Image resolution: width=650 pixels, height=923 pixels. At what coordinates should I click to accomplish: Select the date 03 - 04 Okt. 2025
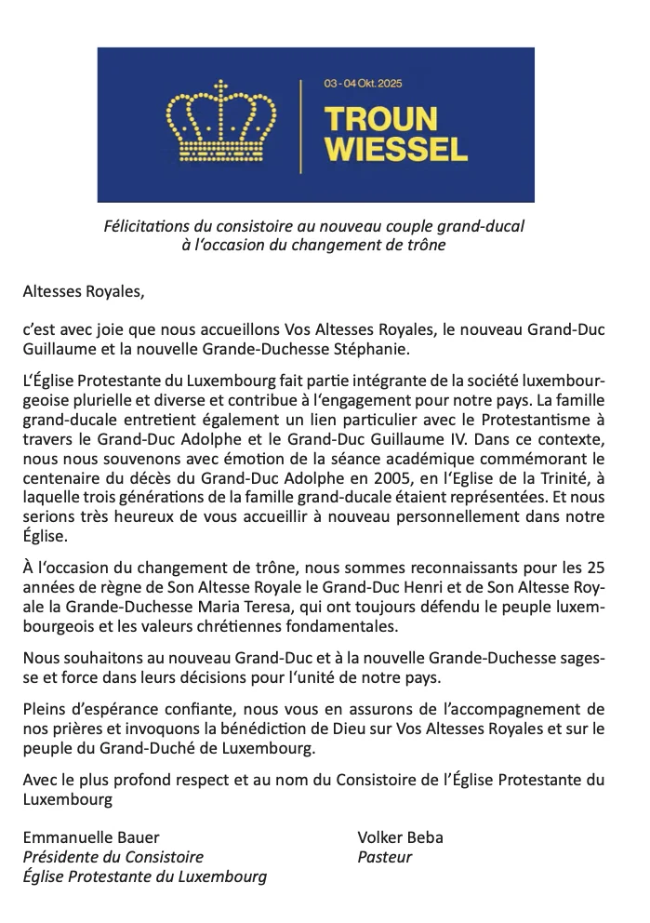367,83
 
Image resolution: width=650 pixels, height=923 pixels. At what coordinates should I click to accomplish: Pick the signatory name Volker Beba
400,836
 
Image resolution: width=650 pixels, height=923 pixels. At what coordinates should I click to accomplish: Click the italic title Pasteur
384,856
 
